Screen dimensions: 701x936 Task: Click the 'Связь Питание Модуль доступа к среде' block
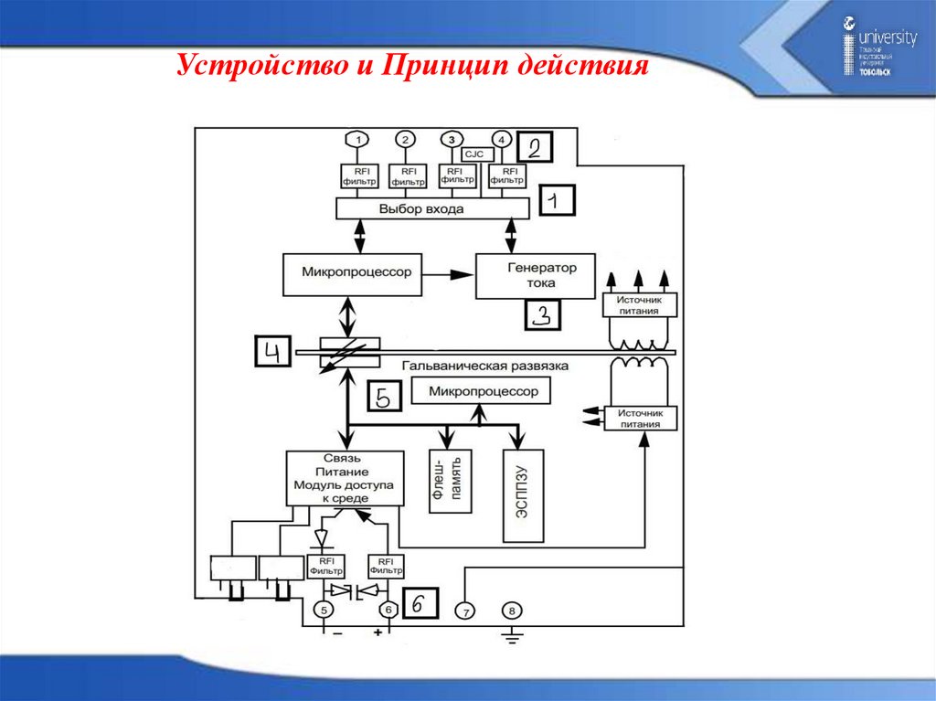344,477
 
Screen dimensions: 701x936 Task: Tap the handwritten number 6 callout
418,604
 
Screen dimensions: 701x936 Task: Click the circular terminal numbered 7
465,610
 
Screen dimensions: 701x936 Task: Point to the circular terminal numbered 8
511,610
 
